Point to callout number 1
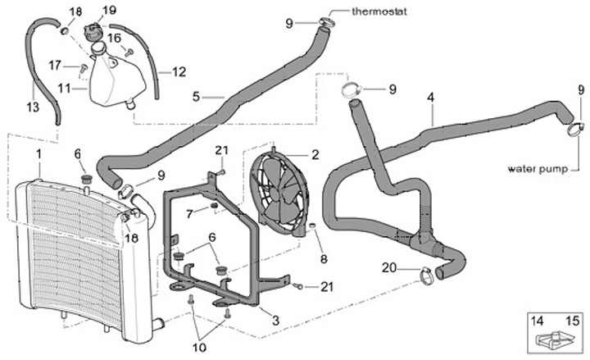38,154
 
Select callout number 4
430,98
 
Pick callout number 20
388,267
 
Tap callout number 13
33,106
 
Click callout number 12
179,71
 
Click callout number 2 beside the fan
315,154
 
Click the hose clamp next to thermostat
326,23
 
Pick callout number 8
323,258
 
